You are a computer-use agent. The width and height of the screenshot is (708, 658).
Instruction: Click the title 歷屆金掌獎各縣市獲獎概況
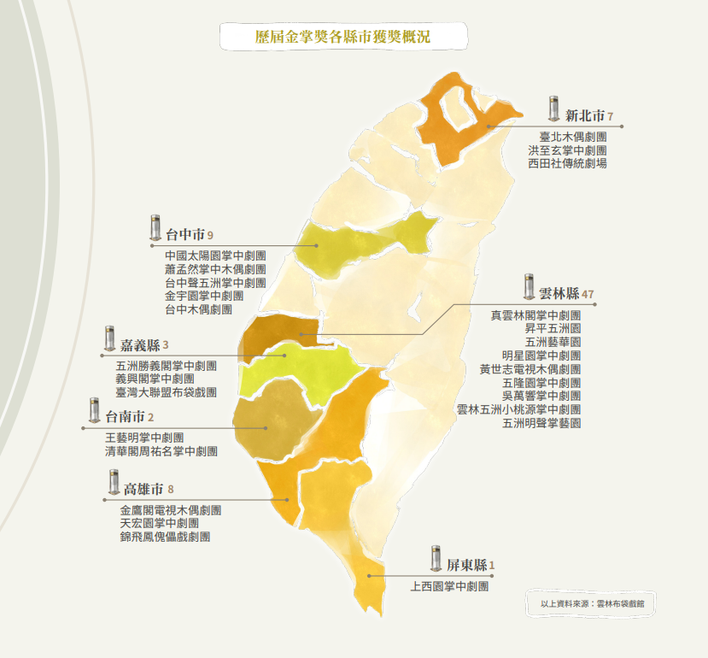click(343, 37)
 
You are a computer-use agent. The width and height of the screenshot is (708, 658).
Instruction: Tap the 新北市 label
click(585, 115)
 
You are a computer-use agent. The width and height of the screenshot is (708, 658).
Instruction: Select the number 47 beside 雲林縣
click(588, 294)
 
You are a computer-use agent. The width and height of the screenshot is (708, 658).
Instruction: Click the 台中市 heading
click(184, 233)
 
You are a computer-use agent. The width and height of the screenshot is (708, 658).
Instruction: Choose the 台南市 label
click(124, 417)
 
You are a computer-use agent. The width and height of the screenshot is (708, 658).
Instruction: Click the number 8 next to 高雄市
click(171, 490)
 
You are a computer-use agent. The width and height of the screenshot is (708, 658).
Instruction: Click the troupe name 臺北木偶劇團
click(573, 136)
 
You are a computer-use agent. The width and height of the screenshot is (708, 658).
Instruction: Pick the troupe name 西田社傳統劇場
click(567, 162)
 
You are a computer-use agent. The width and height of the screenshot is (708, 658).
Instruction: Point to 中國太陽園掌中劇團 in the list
click(215, 256)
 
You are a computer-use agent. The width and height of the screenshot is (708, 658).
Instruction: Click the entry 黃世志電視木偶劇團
click(530, 369)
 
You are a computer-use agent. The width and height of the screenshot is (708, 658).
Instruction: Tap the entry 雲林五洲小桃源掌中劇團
click(518, 409)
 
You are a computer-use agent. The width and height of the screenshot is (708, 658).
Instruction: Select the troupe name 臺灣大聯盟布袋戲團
click(166, 392)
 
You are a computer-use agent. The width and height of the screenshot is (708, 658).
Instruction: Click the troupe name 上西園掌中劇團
click(449, 587)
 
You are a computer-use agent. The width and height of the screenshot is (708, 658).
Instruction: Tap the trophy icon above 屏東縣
click(436, 558)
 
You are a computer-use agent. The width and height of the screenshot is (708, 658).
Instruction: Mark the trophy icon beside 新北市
click(553, 109)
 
